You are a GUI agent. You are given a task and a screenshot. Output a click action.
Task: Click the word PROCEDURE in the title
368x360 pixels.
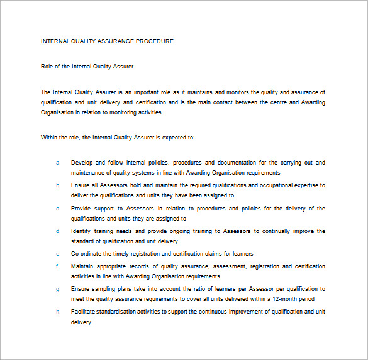(155, 41)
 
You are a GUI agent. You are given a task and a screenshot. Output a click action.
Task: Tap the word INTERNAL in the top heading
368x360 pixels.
(55, 41)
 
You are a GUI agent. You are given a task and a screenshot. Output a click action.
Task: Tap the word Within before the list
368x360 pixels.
(50, 137)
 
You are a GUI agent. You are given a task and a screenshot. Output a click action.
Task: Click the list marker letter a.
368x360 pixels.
(58, 163)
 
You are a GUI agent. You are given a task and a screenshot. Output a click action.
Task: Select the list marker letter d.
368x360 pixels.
(58, 231)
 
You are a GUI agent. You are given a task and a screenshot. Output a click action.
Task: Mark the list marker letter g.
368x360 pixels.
(58, 289)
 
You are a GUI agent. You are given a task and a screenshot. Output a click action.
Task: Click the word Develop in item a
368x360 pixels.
(82, 163)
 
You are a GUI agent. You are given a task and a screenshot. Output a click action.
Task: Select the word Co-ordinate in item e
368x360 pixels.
(87, 254)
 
